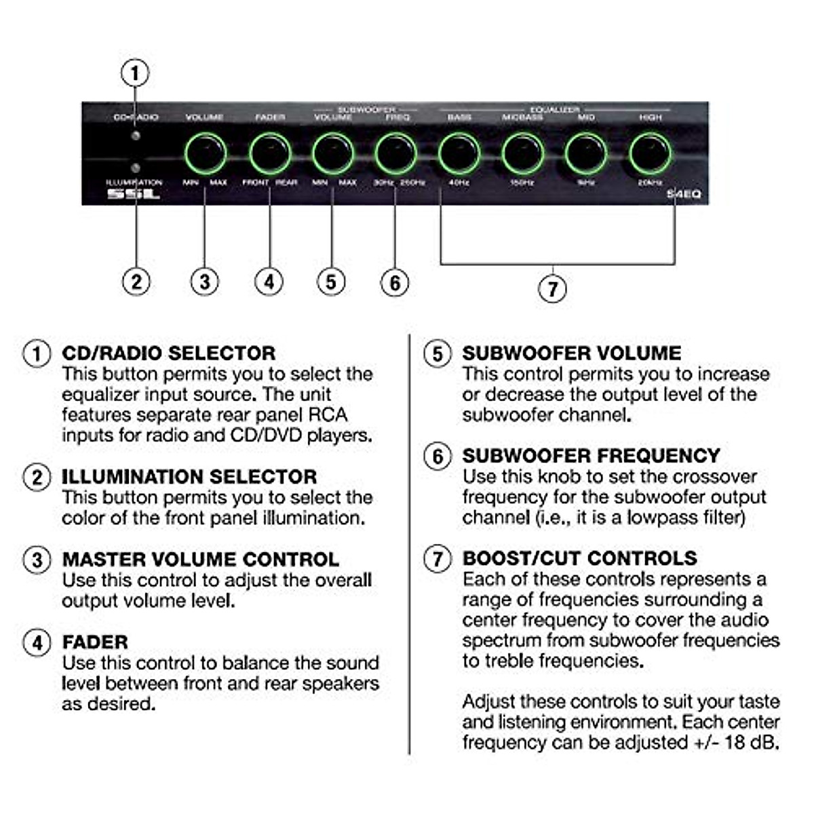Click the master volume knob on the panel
[206, 153]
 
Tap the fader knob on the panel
[269, 153]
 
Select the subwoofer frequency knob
[395, 153]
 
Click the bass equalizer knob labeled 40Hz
[459, 153]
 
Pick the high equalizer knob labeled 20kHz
[650, 153]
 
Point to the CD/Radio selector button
[136, 136]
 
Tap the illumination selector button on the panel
[136, 168]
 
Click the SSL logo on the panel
[134, 194]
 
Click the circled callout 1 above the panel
[135, 73]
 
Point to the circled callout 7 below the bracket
[552, 289]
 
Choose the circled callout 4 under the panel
[269, 281]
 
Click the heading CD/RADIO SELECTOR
[169, 353]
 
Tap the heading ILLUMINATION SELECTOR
[189, 477]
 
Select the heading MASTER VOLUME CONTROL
[200, 560]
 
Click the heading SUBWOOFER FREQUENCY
[591, 456]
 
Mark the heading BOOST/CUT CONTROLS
[579, 558]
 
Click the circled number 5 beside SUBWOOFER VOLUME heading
[438, 354]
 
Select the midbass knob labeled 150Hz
[522, 153]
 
